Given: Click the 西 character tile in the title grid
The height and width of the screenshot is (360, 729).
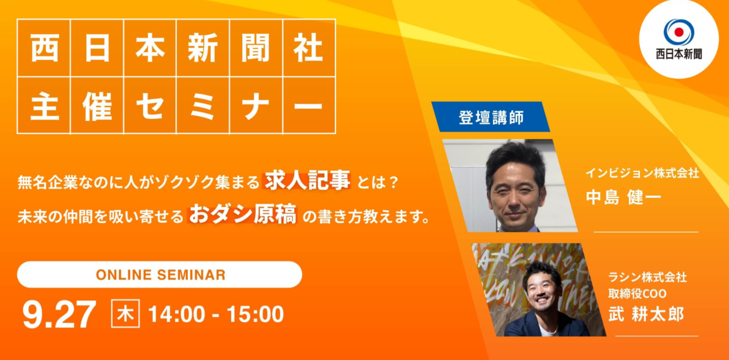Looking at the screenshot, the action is point(44,48).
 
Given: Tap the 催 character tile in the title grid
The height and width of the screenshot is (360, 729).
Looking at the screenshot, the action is point(97,105).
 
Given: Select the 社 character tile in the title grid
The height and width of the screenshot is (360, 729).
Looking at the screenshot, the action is point(309,48).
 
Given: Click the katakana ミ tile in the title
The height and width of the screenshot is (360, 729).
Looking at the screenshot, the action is point(203,105).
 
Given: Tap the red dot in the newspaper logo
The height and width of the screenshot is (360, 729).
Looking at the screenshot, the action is point(679,32).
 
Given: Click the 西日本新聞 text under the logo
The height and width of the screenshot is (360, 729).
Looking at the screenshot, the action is point(679,54).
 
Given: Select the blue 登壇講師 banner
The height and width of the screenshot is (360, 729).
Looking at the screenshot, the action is point(491,117).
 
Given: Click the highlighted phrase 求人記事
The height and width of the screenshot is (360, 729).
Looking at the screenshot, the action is point(307,180).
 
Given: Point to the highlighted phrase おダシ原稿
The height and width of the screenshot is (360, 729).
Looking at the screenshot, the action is point(243,214).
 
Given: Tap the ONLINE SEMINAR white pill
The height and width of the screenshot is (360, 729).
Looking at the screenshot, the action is point(159,275).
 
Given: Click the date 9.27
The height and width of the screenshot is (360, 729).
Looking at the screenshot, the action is point(59,314).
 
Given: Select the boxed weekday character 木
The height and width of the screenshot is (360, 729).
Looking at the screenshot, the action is point(125,313).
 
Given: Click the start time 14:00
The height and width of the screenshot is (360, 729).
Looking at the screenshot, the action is point(177,314).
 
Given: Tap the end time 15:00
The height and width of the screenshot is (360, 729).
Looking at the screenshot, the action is point(255,314).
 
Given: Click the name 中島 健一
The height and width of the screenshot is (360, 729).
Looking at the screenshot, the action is point(624,197).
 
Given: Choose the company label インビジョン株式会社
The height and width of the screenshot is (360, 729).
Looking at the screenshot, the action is point(642,173).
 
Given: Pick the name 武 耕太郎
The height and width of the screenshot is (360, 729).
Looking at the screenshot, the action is point(646,314).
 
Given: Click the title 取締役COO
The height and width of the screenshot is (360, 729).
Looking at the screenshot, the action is point(637,293).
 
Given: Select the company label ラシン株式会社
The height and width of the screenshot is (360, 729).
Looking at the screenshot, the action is point(648,277).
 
